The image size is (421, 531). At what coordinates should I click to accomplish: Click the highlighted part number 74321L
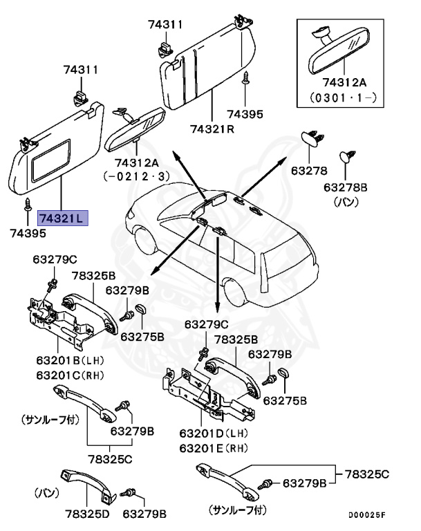(62, 219)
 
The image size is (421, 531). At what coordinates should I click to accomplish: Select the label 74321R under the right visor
(213, 129)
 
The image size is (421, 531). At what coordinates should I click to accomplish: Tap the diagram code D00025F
(366, 515)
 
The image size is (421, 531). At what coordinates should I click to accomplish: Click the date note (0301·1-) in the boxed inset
(344, 97)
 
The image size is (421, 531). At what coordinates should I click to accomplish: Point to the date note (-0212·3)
(136, 176)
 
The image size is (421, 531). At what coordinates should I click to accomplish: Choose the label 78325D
(88, 514)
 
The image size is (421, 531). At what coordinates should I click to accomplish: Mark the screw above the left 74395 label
(29, 203)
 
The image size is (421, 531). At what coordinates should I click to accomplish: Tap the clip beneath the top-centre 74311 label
(164, 48)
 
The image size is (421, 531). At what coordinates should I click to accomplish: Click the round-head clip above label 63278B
(345, 156)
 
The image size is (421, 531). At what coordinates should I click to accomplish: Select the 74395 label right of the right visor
(245, 114)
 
